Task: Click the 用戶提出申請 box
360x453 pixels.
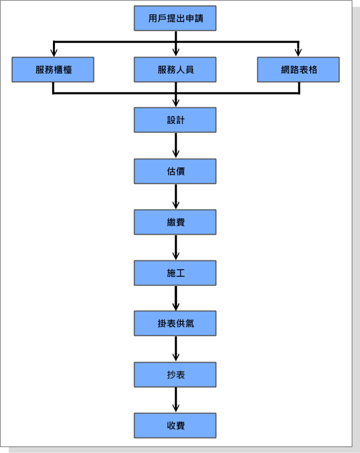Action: [175, 18]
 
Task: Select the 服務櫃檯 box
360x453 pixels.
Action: [53, 69]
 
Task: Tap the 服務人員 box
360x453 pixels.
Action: [175, 69]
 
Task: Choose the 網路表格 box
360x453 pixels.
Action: [298, 69]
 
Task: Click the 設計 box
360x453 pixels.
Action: [175, 120]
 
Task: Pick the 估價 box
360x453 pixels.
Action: [175, 171]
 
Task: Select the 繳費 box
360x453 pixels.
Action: [175, 222]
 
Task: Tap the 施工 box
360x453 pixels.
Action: [175, 273]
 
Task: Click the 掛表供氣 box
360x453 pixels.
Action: [175, 324]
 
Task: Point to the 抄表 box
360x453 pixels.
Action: [175, 374]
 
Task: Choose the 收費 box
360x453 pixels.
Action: [175, 425]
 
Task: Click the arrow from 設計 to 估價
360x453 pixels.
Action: [176, 145]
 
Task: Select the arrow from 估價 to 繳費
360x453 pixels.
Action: [176, 196]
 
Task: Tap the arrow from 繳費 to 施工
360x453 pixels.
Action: [176, 247]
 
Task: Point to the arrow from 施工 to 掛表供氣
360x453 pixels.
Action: [176, 298]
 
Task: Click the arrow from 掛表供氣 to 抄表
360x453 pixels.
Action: [176, 349]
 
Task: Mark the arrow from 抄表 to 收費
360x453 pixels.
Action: [176, 400]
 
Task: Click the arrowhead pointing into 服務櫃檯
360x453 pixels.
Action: [53, 53]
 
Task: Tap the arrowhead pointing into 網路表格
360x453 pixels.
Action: [298, 53]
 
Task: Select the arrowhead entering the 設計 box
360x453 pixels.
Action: [176, 103]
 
